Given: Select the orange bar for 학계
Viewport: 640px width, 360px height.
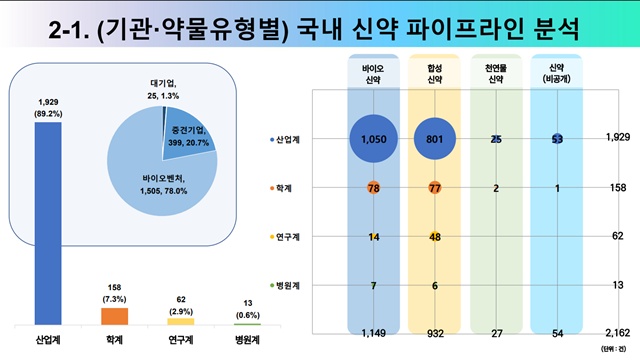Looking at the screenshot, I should click(x=115, y=315).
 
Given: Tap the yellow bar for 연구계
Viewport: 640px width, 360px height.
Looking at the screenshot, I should click(x=180, y=320).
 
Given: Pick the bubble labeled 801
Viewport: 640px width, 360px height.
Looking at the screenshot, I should click(x=435, y=138).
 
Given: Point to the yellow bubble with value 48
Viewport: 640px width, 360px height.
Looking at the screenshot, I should click(x=436, y=236).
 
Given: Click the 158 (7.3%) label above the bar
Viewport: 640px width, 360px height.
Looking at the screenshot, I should click(x=115, y=293).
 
